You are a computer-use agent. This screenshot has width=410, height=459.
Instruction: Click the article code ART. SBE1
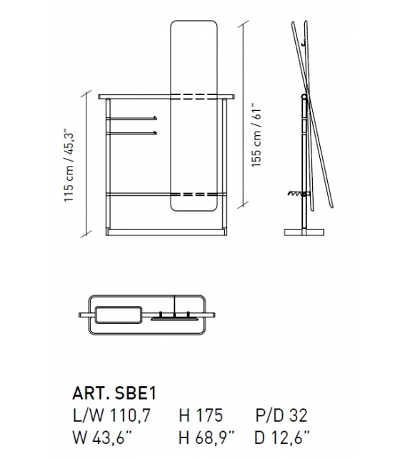point(114,393)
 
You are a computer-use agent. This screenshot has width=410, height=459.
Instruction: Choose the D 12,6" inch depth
point(284,435)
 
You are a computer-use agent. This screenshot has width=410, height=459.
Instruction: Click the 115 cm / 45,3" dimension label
point(69,165)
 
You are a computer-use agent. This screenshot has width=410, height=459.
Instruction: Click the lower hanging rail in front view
point(133,132)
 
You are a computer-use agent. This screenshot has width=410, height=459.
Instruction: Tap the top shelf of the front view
point(136,95)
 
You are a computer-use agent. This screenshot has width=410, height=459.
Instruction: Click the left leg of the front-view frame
point(107,164)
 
